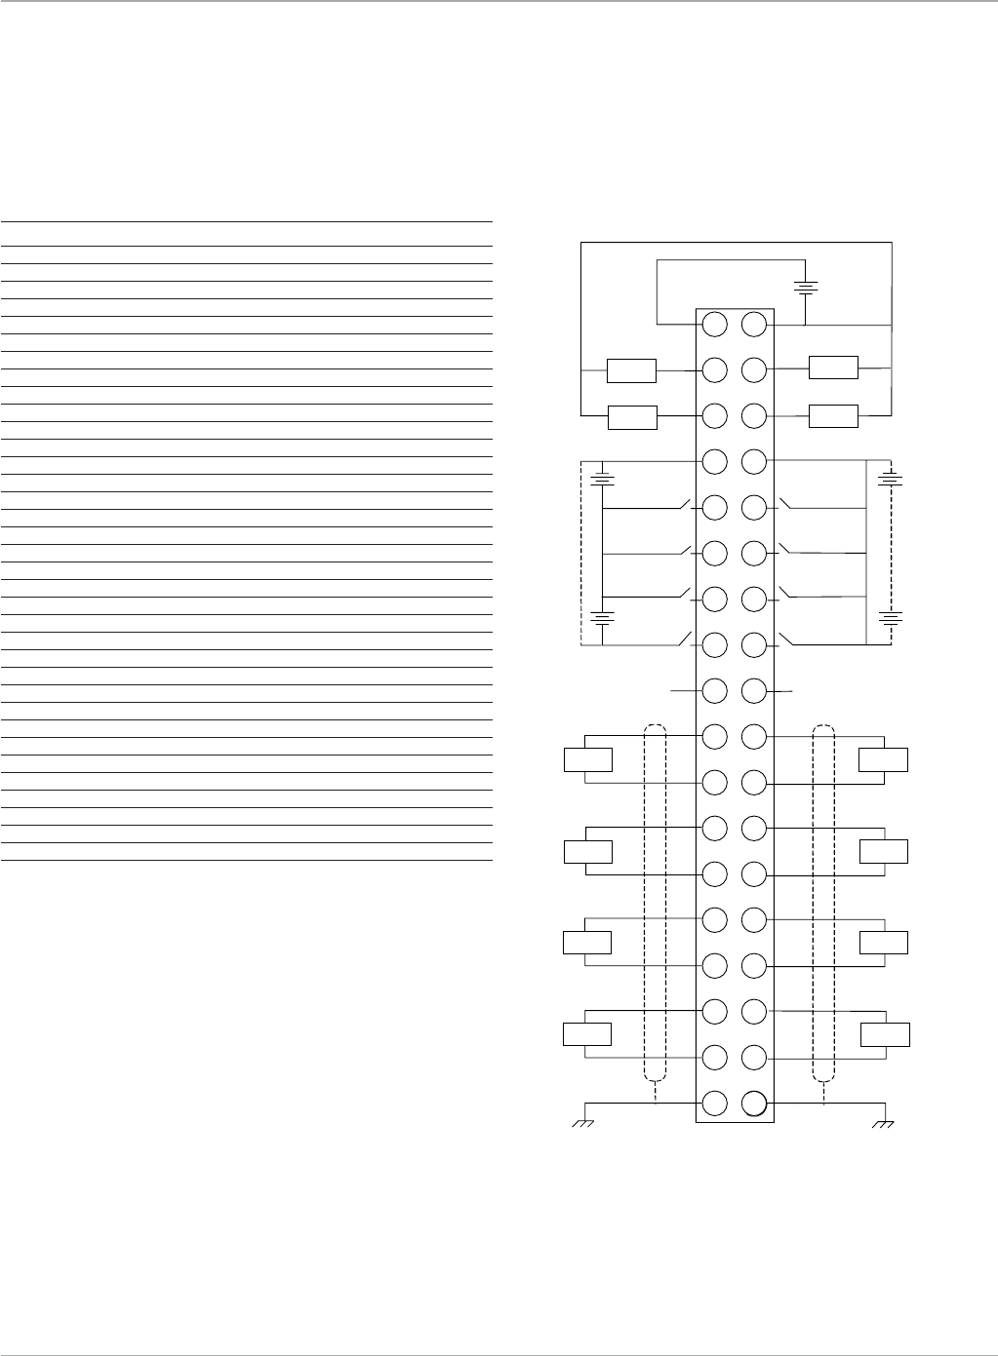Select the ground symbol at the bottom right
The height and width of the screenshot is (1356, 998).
pyautogui.click(x=884, y=1124)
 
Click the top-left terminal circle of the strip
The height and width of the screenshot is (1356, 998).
pyautogui.click(x=715, y=325)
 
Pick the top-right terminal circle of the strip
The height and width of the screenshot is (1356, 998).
pyautogui.click(x=754, y=325)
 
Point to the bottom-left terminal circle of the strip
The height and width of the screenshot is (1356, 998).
pyautogui.click(x=715, y=1104)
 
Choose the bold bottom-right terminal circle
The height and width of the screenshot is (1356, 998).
pyautogui.click(x=754, y=1104)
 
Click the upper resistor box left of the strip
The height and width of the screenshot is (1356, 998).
pyautogui.click(x=631, y=371)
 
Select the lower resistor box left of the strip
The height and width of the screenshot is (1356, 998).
pyautogui.click(x=631, y=417)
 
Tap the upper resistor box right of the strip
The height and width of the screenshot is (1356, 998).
pyautogui.click(x=833, y=368)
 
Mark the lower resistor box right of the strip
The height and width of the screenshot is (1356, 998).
pyautogui.click(x=833, y=415)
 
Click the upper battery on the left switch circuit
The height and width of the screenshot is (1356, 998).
pyautogui.click(x=604, y=479)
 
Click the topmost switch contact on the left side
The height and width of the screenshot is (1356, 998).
pyautogui.click(x=683, y=506)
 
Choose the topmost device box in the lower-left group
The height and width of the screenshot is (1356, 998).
pyautogui.click(x=588, y=759)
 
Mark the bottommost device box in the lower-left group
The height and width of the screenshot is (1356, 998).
pyautogui.click(x=588, y=1034)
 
